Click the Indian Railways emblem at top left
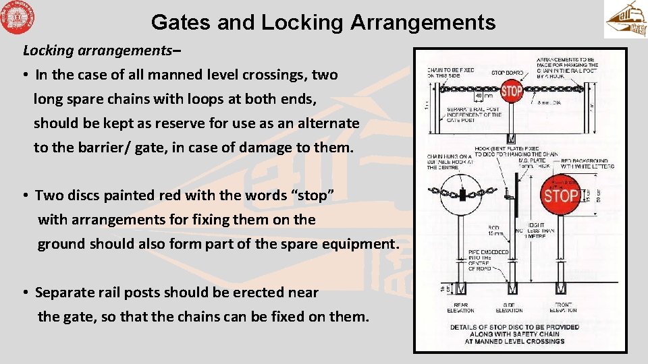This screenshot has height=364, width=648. (18, 18)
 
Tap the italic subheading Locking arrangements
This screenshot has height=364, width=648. (101, 51)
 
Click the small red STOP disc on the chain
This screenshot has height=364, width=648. (512, 90)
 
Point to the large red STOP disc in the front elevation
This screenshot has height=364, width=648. (560, 196)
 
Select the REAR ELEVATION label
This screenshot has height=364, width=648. (460, 308)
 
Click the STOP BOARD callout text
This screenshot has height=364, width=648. (506, 72)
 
